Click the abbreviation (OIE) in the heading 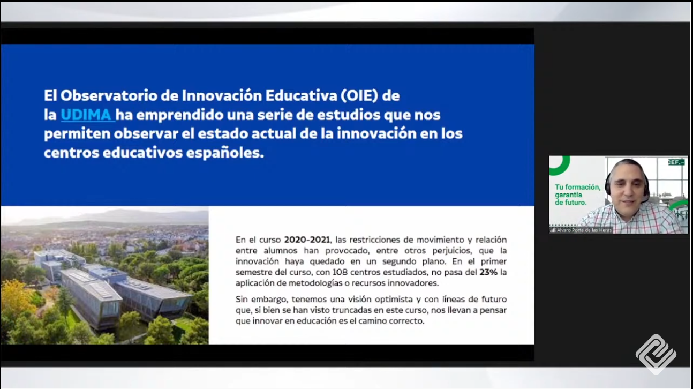359,95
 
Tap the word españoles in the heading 225,153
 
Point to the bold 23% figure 488,272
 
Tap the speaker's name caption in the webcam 584,230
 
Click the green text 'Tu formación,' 578,187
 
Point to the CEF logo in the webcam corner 676,162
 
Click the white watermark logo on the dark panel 656,354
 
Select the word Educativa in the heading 301,95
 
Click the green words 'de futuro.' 570,203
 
